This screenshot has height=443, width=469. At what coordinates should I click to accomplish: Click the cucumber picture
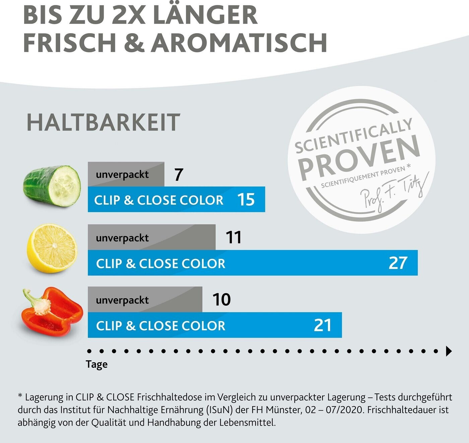[x=52, y=186]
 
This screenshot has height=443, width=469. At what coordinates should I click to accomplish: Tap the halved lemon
[x=52, y=248]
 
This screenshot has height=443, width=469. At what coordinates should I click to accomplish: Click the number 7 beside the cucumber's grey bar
[x=179, y=174]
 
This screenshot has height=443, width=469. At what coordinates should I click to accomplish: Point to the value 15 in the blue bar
[x=246, y=200]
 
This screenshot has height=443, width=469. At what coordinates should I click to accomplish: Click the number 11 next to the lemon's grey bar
[x=233, y=237]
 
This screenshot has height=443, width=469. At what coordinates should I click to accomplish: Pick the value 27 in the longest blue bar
[x=398, y=263]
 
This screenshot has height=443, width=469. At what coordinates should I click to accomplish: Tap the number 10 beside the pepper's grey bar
[x=221, y=299]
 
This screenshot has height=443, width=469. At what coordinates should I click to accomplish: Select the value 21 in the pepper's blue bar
[x=322, y=325]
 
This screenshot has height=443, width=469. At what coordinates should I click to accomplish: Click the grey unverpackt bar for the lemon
[x=151, y=237]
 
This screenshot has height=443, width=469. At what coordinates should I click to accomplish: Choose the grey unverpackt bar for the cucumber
[x=126, y=174]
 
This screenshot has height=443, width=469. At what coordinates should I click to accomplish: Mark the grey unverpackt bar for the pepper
[x=145, y=300]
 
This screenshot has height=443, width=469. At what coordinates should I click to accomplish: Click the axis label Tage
[x=96, y=364]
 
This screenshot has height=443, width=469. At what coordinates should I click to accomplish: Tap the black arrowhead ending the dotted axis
[x=449, y=351]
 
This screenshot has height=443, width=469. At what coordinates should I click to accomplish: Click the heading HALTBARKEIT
[x=103, y=123]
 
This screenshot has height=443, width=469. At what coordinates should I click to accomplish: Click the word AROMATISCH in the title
[x=239, y=43]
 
